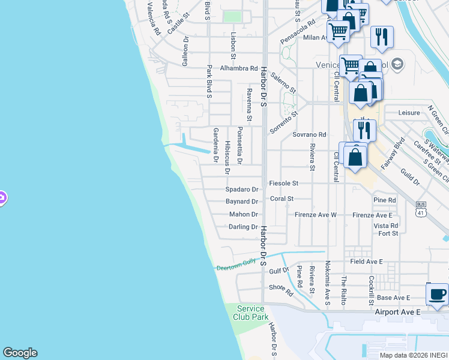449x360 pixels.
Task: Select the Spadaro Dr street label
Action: [241, 189]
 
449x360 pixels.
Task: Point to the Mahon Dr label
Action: [243, 214]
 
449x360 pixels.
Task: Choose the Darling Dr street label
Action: [243, 227]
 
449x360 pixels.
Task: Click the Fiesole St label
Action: [284, 183]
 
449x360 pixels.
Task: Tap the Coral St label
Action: [282, 199]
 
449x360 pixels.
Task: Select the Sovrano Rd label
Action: [309, 134]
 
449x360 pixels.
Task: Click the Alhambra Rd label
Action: [239, 68]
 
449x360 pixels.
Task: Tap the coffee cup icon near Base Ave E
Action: [436, 293]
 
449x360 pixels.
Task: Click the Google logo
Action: [20, 353]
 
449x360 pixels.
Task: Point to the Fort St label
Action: [388, 233]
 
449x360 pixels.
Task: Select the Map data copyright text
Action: [413, 355]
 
